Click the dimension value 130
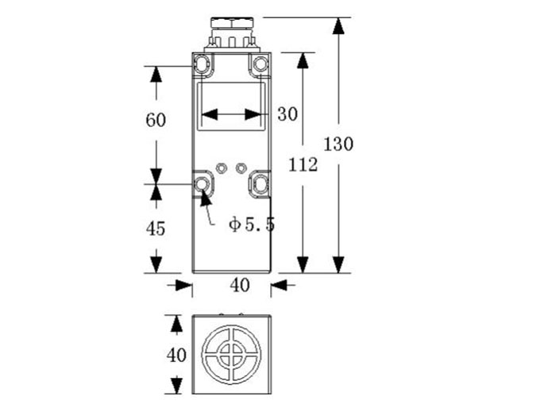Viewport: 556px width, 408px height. (338, 144)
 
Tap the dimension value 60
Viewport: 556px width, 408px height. (156, 121)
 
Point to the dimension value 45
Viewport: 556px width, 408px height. (156, 229)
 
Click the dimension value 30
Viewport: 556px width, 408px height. (287, 114)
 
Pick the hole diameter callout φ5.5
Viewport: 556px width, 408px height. (251, 225)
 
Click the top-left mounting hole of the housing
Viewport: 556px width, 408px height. (205, 64)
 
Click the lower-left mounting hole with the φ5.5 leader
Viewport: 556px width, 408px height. (203, 185)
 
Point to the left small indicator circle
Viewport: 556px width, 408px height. (222, 167)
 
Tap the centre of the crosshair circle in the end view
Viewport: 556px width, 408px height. (232, 354)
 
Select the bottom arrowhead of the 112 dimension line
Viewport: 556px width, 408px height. (303, 264)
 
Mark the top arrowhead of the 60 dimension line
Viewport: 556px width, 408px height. (156, 76)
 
